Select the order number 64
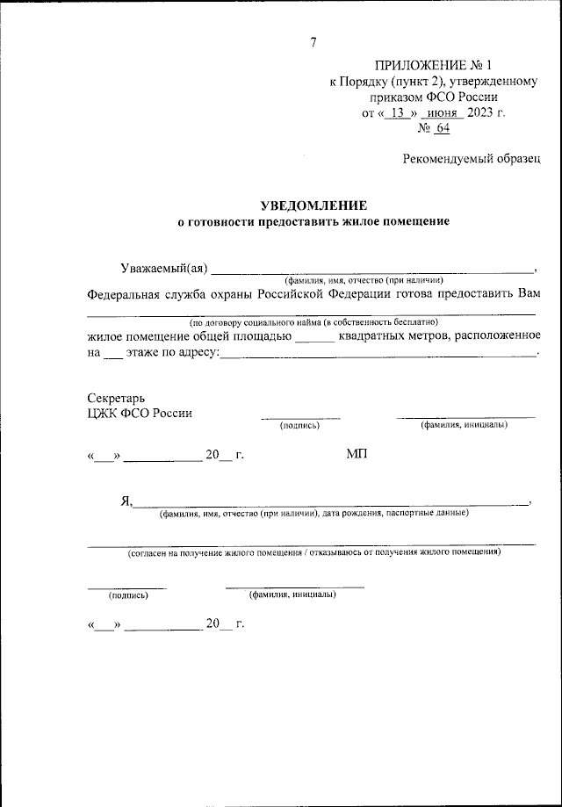tap(441, 128)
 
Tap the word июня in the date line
tap(439, 113)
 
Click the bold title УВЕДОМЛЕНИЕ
tap(313, 205)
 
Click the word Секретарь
tap(110, 398)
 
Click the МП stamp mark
tap(357, 454)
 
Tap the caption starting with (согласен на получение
tap(313, 554)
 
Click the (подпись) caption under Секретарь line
tap(299, 426)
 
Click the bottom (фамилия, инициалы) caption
tap(292, 594)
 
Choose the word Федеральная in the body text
tap(124, 294)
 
